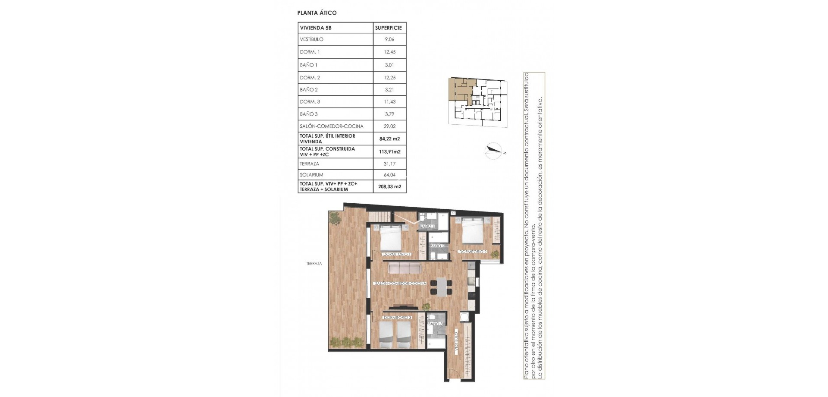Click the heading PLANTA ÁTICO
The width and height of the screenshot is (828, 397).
[x=317, y=13]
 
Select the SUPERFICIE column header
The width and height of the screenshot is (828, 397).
[x=389, y=28]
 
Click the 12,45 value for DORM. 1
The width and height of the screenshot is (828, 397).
[x=389, y=52]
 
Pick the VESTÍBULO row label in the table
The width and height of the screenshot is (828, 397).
[x=311, y=39]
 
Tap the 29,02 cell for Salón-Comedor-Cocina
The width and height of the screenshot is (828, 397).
[x=389, y=126]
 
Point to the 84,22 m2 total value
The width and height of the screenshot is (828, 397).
[x=389, y=139]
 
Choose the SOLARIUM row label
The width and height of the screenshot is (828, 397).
[x=311, y=175]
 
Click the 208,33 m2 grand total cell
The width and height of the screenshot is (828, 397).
[x=389, y=186]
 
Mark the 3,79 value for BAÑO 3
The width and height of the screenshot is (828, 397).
[x=389, y=114]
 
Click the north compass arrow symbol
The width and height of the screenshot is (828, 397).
[x=494, y=151]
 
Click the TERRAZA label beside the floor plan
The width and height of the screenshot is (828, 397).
[x=314, y=263]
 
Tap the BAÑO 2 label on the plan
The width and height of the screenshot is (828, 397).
[x=437, y=246]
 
